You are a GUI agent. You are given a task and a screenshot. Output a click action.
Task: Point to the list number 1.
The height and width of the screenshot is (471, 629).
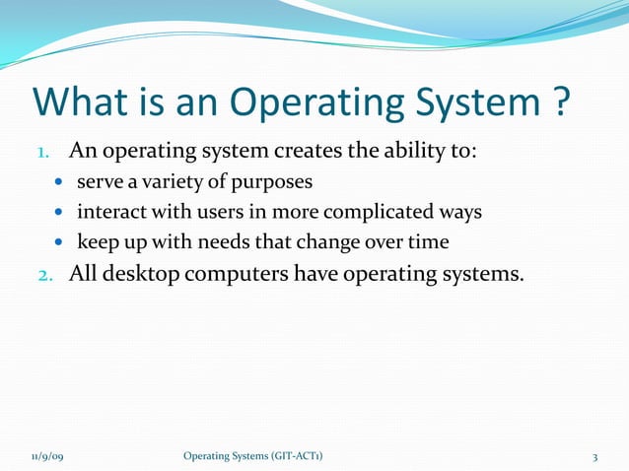click(43, 154)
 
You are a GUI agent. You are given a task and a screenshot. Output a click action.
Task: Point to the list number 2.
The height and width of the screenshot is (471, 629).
click(43, 273)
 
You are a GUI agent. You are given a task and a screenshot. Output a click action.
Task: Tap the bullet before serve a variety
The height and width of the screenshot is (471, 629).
click(60, 183)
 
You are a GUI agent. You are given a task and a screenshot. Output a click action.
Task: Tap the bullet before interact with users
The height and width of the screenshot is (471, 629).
click(60, 213)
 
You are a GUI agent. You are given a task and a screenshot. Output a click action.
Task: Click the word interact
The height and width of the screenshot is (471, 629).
click(108, 212)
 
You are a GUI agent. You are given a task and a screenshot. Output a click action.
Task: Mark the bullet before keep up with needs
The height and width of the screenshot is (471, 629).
click(60, 242)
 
